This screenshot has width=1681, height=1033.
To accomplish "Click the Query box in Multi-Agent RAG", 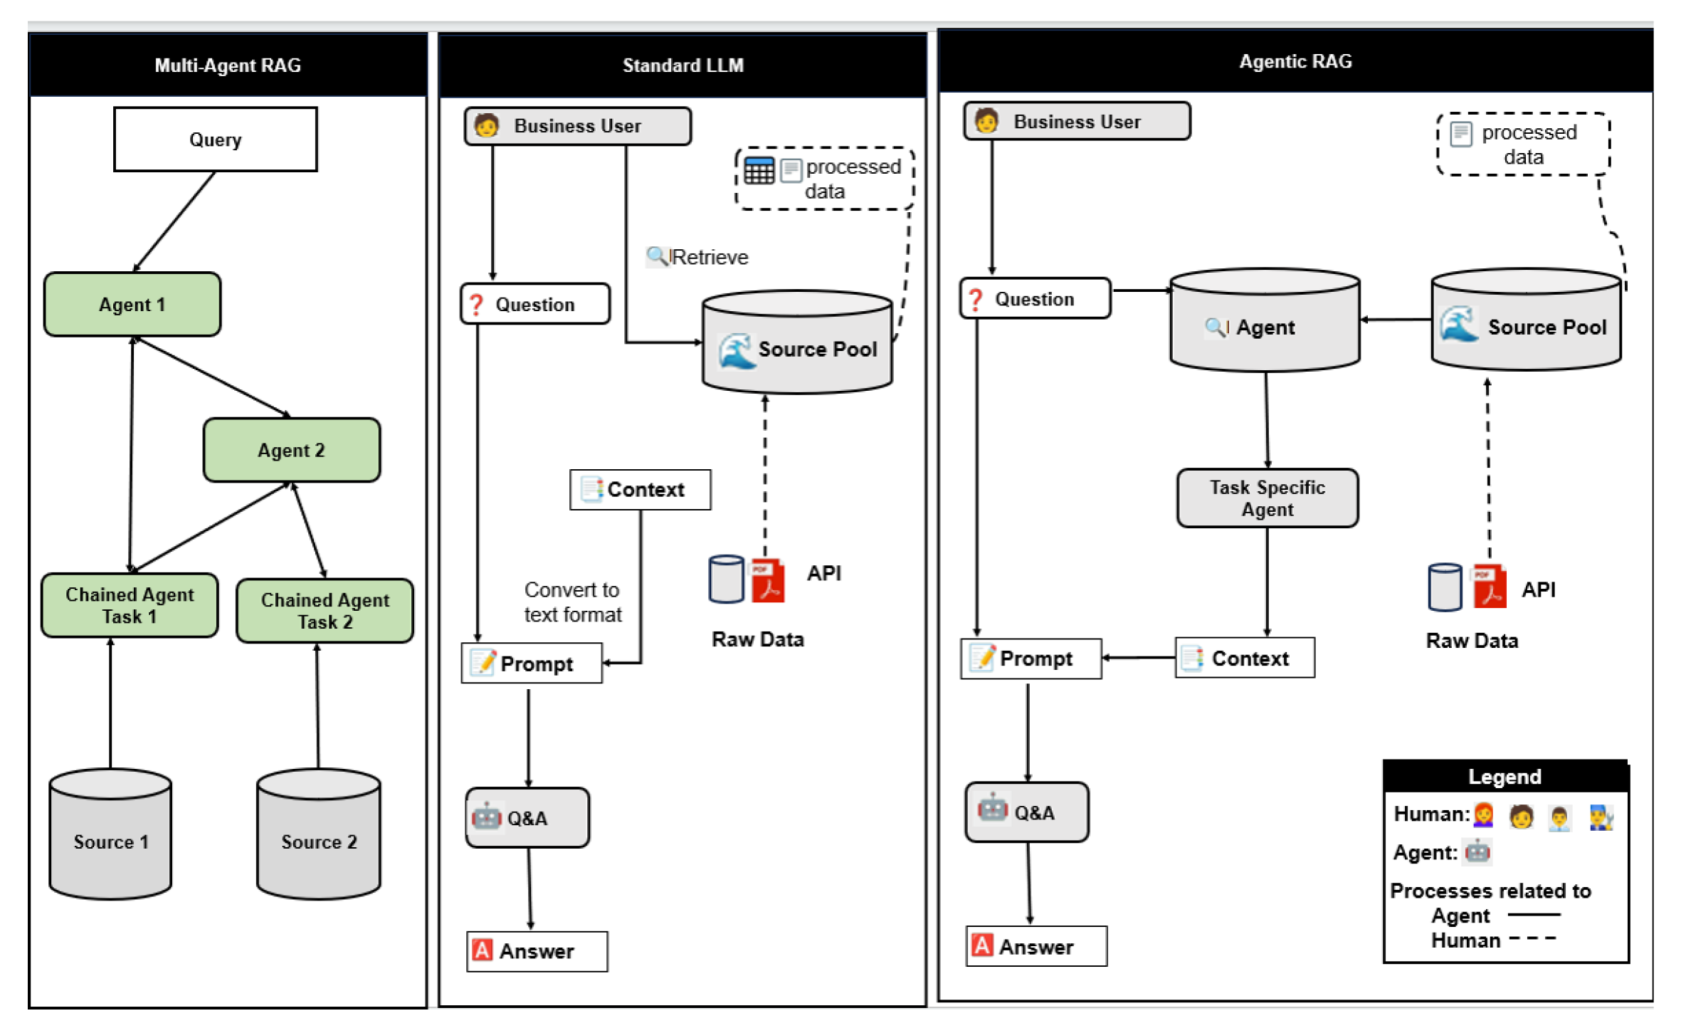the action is click(x=215, y=139).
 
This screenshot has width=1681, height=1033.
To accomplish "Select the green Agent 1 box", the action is click(x=132, y=304).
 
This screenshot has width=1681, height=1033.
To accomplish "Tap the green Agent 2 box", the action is click(x=291, y=450).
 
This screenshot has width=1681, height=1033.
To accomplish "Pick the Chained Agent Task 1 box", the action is click(x=130, y=605).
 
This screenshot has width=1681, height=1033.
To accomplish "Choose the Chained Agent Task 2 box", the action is click(x=325, y=611).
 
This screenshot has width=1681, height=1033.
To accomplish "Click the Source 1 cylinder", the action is click(x=110, y=834).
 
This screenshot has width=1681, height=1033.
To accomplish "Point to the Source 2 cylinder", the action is click(x=318, y=834).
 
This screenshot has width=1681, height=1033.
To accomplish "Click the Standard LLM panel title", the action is click(x=683, y=65).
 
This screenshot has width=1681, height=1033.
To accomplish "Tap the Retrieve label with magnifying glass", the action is click(x=697, y=256).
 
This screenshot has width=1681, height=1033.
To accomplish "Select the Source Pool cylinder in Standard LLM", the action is click(x=797, y=342).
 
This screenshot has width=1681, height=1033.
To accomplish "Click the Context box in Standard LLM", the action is click(x=641, y=489).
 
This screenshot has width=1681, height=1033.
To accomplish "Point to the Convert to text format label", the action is click(x=573, y=602).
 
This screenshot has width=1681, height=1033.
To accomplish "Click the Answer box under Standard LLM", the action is click(x=537, y=951).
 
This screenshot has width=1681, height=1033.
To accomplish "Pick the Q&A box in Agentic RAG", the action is click(x=1027, y=812).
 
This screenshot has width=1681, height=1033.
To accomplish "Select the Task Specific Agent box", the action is click(x=1268, y=498).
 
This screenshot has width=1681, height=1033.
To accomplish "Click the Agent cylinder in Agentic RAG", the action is click(x=1265, y=320).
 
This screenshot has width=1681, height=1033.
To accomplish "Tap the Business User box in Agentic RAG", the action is click(x=1077, y=121).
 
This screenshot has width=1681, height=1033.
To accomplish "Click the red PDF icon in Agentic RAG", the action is click(x=1489, y=586).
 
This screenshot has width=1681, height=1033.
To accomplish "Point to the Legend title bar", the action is click(x=1505, y=776).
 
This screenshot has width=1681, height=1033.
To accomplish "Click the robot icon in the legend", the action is click(x=1477, y=851).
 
